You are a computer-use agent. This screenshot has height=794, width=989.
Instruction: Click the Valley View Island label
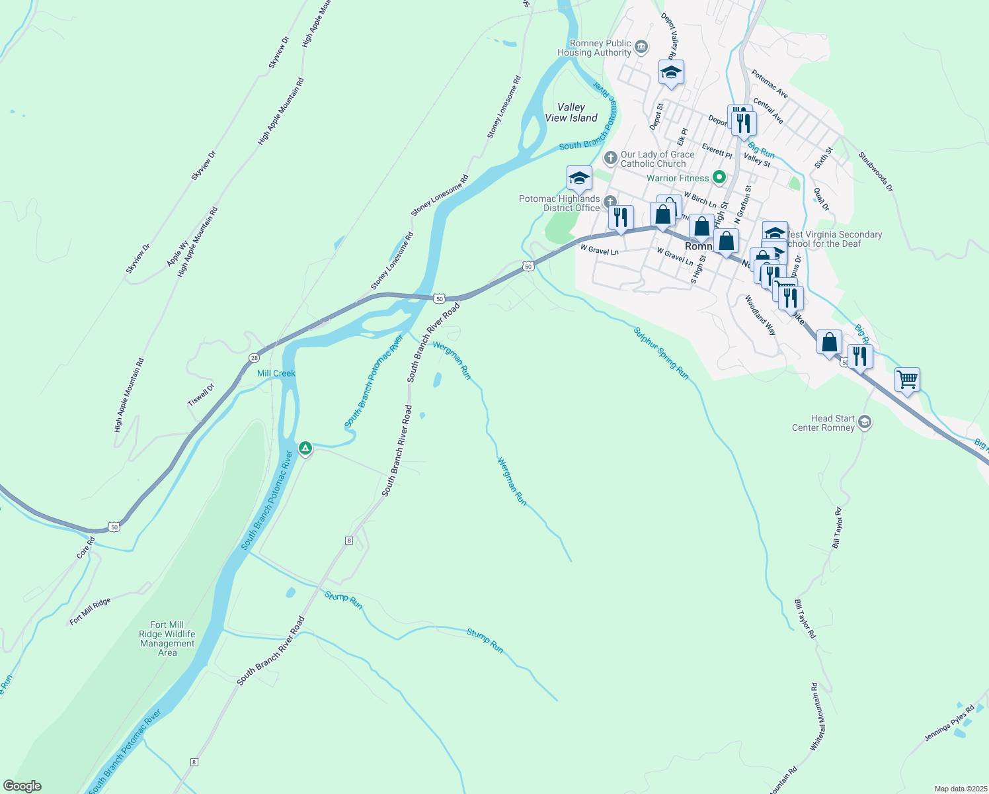pyautogui.click(x=571, y=112)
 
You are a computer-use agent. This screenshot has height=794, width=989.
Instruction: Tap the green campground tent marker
pyautogui.click(x=305, y=449)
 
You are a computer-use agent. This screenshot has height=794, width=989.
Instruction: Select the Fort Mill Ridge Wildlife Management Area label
pyautogui.click(x=167, y=639)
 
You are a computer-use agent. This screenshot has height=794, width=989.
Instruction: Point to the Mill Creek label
pyautogui.click(x=276, y=373)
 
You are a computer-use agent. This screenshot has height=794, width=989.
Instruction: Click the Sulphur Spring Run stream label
pyautogui.click(x=661, y=353)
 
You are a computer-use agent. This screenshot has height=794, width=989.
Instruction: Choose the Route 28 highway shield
pyautogui.click(x=255, y=357)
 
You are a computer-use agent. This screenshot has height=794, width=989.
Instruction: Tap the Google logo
pyautogui.click(x=22, y=786)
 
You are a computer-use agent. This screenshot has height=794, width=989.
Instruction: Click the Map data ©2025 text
pyautogui.click(x=960, y=789)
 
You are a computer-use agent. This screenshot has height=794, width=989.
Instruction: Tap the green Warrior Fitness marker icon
pyautogui.click(x=720, y=177)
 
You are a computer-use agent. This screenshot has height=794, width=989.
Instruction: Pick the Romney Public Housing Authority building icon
pyautogui.click(x=641, y=47)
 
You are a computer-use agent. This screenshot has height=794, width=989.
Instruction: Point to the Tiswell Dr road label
pyautogui.click(x=201, y=395)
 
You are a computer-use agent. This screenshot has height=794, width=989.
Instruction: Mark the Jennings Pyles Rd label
pyautogui.click(x=949, y=723)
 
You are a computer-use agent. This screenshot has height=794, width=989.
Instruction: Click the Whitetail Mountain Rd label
pyautogui.click(x=818, y=717)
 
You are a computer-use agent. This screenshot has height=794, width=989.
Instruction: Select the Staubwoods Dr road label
pyautogui.click(x=875, y=172)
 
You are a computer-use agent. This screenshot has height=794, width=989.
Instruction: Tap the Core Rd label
pyautogui.click(x=86, y=547)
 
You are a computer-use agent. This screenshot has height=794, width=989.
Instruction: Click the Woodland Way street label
pyautogui.click(x=760, y=315)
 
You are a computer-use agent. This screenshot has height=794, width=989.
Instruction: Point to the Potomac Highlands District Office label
pyautogui.click(x=559, y=203)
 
